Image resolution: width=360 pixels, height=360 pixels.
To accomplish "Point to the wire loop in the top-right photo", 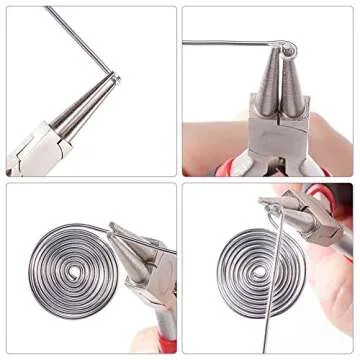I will click(287, 48).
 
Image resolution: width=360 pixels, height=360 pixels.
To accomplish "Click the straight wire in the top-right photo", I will click(230, 42).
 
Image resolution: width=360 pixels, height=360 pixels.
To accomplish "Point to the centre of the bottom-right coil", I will click(257, 271).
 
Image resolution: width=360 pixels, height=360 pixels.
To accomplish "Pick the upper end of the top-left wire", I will click(48, 8).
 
